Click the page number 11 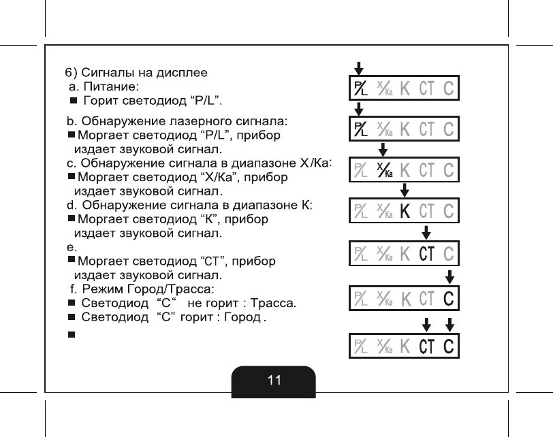274,381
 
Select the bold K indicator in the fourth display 405,211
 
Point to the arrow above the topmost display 359,67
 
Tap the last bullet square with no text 70,335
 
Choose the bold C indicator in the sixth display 449,298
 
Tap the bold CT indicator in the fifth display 427,253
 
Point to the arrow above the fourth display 405,189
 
